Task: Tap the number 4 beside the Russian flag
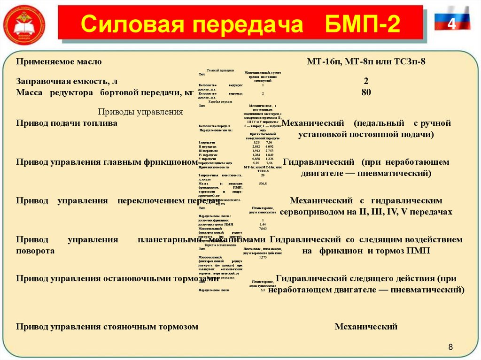(x=452, y=24)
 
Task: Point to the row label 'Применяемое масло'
(x=59, y=61)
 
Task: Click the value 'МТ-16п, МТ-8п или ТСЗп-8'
(x=366, y=61)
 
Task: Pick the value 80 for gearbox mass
(x=366, y=92)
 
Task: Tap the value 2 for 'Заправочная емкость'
(x=366, y=81)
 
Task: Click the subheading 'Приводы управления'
(x=140, y=112)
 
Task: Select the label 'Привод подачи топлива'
(x=67, y=123)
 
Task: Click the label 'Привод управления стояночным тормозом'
(x=107, y=326)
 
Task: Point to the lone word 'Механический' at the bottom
(x=366, y=326)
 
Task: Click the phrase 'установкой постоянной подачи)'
(x=366, y=135)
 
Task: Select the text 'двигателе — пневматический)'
(x=366, y=173)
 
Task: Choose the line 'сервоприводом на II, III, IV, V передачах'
(x=366, y=212)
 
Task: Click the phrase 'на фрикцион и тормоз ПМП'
(x=366, y=251)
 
